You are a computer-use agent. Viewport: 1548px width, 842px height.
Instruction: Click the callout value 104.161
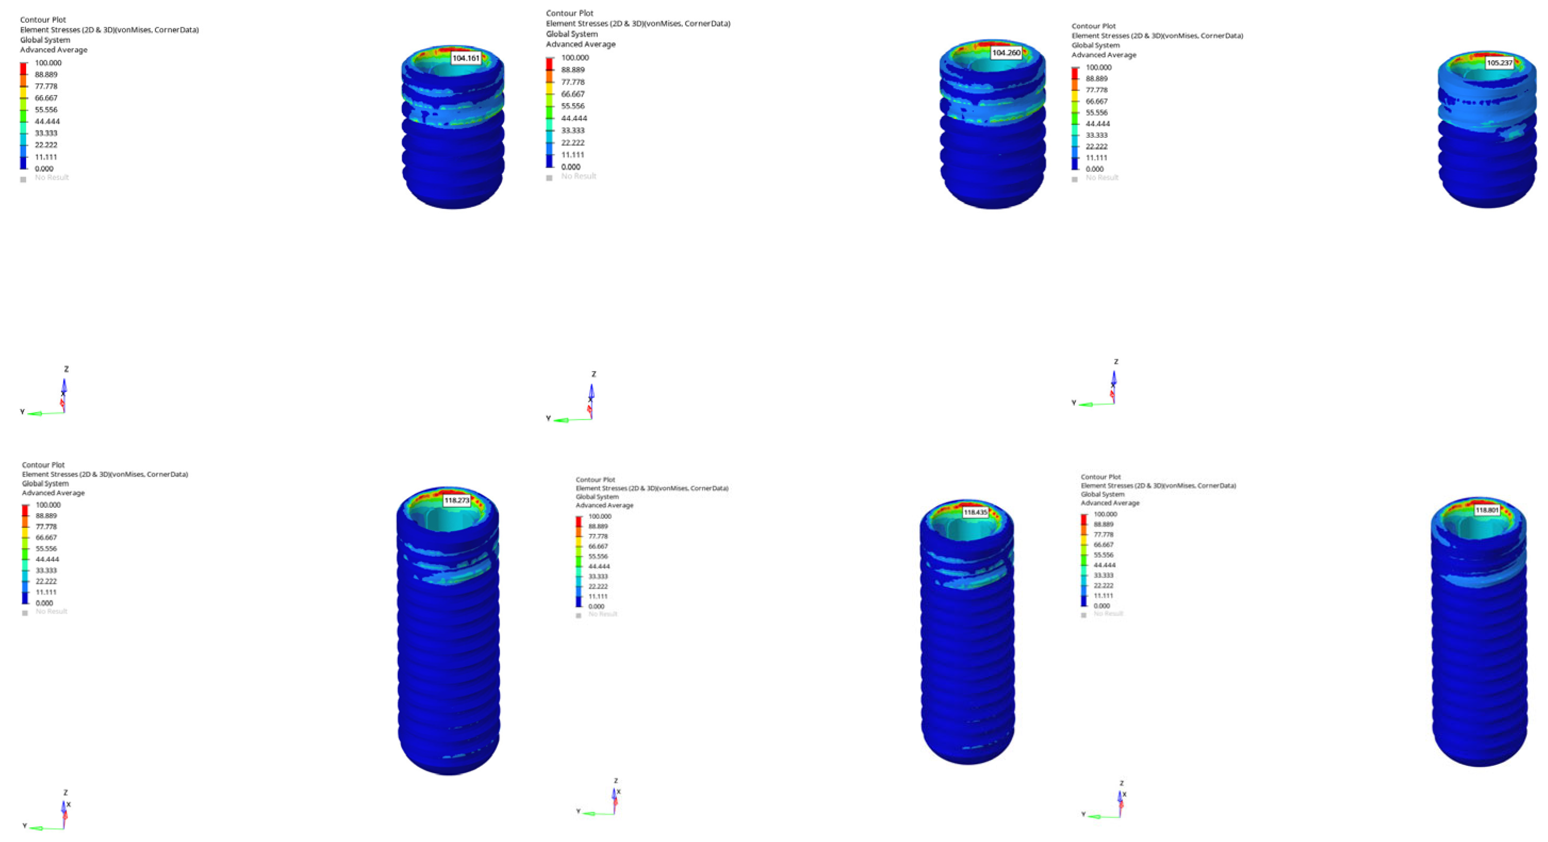pyautogui.click(x=466, y=59)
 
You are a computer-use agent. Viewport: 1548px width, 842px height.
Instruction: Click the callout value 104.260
pyautogui.click(x=1006, y=53)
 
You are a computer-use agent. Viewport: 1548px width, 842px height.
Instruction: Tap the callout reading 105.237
pyautogui.click(x=1500, y=62)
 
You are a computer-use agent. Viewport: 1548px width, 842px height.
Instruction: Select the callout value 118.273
pyautogui.click(x=457, y=500)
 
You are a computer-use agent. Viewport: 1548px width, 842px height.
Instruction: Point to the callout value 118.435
pyautogui.click(x=975, y=513)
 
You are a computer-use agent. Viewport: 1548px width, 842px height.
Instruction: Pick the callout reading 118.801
pyautogui.click(x=1487, y=510)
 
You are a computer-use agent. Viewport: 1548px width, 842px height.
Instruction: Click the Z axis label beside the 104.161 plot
pyautogui.click(x=66, y=369)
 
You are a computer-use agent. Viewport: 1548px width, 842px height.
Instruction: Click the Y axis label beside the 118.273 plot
pyautogui.click(x=24, y=826)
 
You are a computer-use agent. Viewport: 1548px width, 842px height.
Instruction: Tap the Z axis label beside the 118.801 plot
pyautogui.click(x=1121, y=783)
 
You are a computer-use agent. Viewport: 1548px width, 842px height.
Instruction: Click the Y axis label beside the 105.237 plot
pyautogui.click(x=1074, y=403)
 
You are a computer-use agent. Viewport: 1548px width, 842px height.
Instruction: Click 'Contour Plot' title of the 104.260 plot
pyautogui.click(x=569, y=13)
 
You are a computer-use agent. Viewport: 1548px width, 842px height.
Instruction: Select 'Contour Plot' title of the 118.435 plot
pyautogui.click(x=595, y=480)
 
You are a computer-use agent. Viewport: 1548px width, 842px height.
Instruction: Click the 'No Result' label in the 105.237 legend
pyautogui.click(x=1101, y=177)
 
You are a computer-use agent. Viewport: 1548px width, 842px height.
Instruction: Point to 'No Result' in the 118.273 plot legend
pyautogui.click(x=51, y=611)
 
